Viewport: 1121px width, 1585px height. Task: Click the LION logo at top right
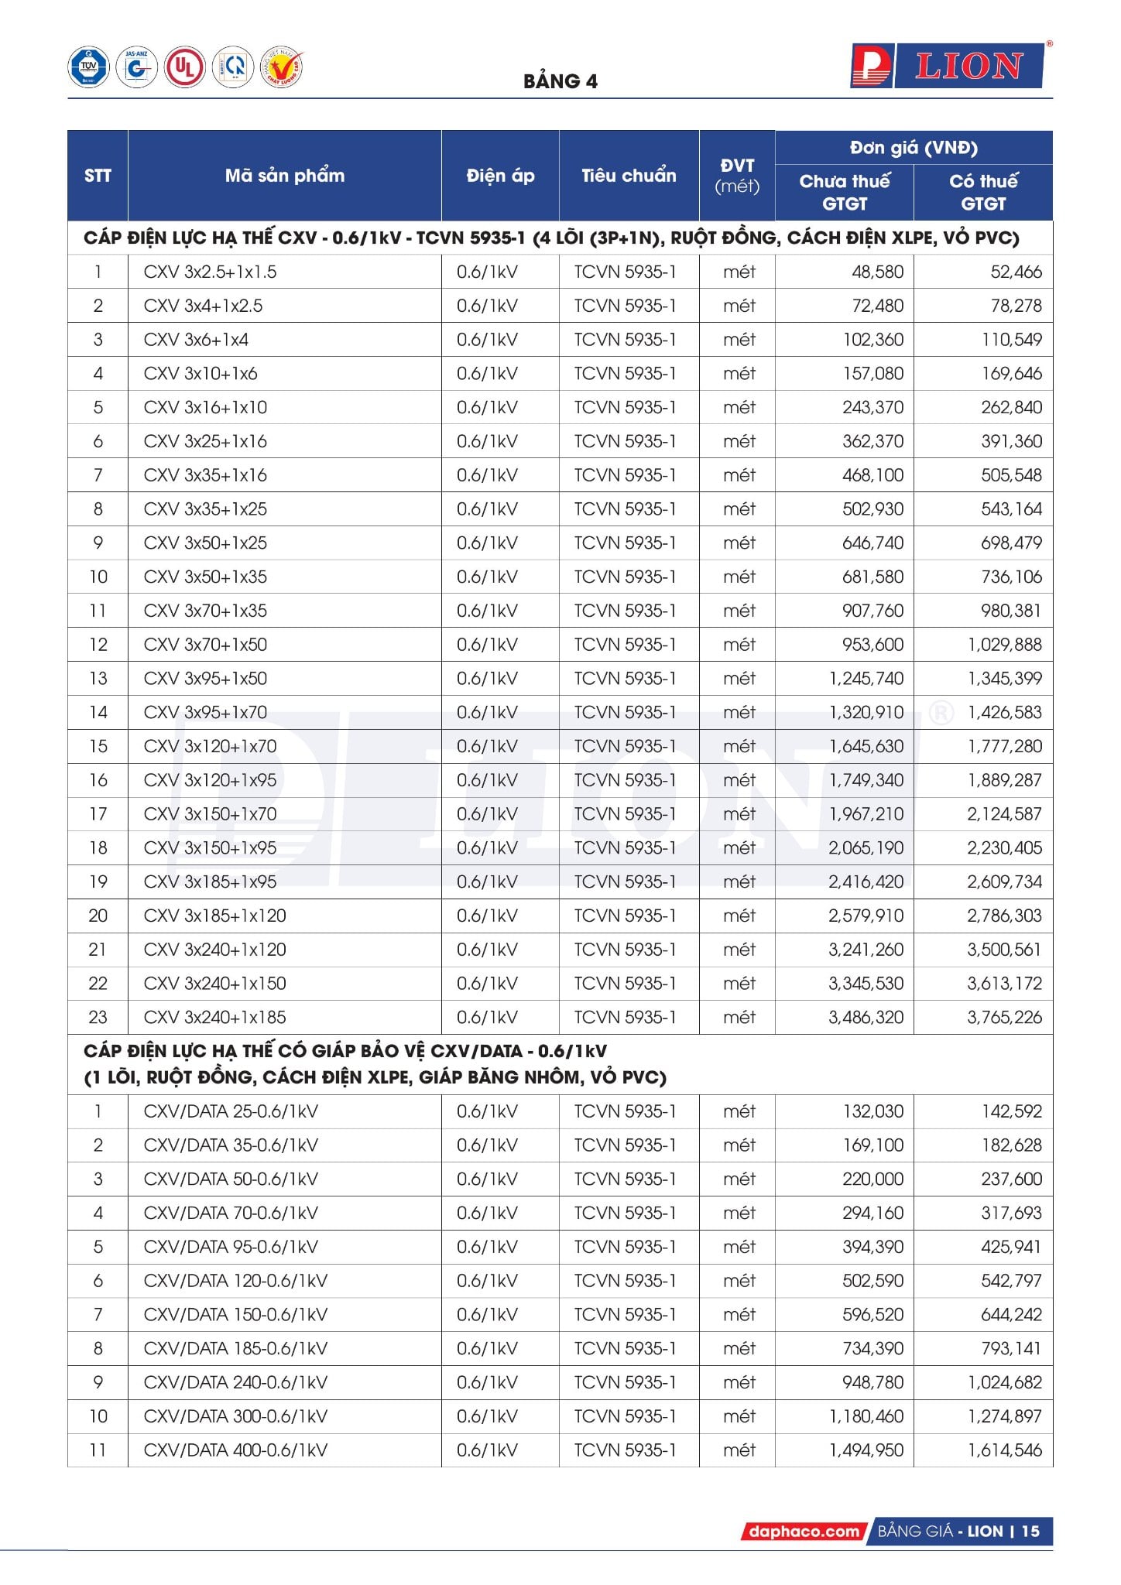[x=949, y=66]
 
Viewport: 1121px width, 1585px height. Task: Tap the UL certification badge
[x=184, y=67]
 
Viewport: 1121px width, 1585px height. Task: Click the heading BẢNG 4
[x=560, y=81]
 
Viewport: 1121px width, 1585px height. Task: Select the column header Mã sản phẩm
[x=284, y=176]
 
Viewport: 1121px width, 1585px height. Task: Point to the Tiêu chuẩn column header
[x=628, y=176]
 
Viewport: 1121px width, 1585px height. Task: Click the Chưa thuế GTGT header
[x=844, y=192]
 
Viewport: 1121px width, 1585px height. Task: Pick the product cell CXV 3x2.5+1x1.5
[x=210, y=272]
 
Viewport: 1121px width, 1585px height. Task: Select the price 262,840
[x=1011, y=407]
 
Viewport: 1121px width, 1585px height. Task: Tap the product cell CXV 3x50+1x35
[x=205, y=577]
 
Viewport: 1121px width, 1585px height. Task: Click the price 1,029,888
[x=1004, y=645]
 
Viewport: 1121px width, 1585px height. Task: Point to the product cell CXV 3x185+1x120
[x=214, y=916]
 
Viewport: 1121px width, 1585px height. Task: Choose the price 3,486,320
[x=866, y=1017]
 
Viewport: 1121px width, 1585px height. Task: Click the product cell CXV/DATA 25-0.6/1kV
[x=231, y=1111]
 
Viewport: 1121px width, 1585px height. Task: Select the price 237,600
[x=1011, y=1179]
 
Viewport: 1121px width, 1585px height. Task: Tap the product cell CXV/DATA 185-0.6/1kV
[x=235, y=1348]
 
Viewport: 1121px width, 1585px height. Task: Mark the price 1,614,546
[x=1004, y=1450]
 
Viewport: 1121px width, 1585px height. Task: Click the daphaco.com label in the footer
[x=804, y=1531]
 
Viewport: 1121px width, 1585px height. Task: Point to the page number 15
[x=1030, y=1531]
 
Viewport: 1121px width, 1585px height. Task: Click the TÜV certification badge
[x=88, y=67]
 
